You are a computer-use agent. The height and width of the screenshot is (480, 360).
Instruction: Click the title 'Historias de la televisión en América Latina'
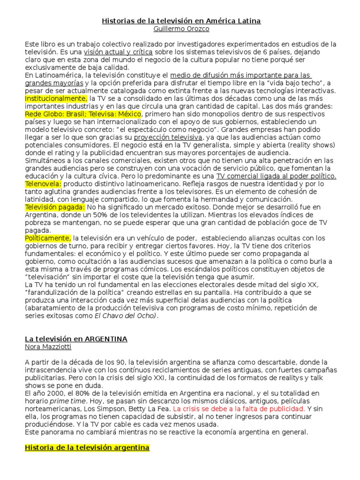pyautogui.click(x=181, y=21)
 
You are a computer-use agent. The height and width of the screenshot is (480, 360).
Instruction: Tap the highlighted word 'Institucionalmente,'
pyautogui.click(x=56, y=98)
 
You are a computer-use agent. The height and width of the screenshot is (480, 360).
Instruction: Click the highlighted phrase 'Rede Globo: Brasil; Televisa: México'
pyautogui.click(x=82, y=114)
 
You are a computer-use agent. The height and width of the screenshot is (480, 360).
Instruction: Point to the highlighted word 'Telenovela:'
pyautogui.click(x=43, y=184)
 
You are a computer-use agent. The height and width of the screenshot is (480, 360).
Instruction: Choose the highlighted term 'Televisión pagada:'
pyautogui.click(x=55, y=207)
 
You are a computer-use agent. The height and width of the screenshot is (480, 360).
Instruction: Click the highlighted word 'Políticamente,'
pyautogui.click(x=48, y=238)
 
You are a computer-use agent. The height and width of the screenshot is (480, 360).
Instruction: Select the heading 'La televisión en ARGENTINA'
pyautogui.click(x=76, y=338)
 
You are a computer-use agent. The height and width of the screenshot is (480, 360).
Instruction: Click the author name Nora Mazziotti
pyautogui.click(x=49, y=346)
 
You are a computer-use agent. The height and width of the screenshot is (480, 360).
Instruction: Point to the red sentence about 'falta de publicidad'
pyautogui.click(x=239, y=408)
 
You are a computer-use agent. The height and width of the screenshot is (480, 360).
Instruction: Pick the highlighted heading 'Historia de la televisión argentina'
pyautogui.click(x=87, y=448)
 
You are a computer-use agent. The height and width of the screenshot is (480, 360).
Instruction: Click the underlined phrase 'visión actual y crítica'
pyautogui.click(x=118, y=52)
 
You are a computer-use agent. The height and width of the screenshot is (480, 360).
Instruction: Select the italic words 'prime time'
pyautogui.click(x=68, y=401)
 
